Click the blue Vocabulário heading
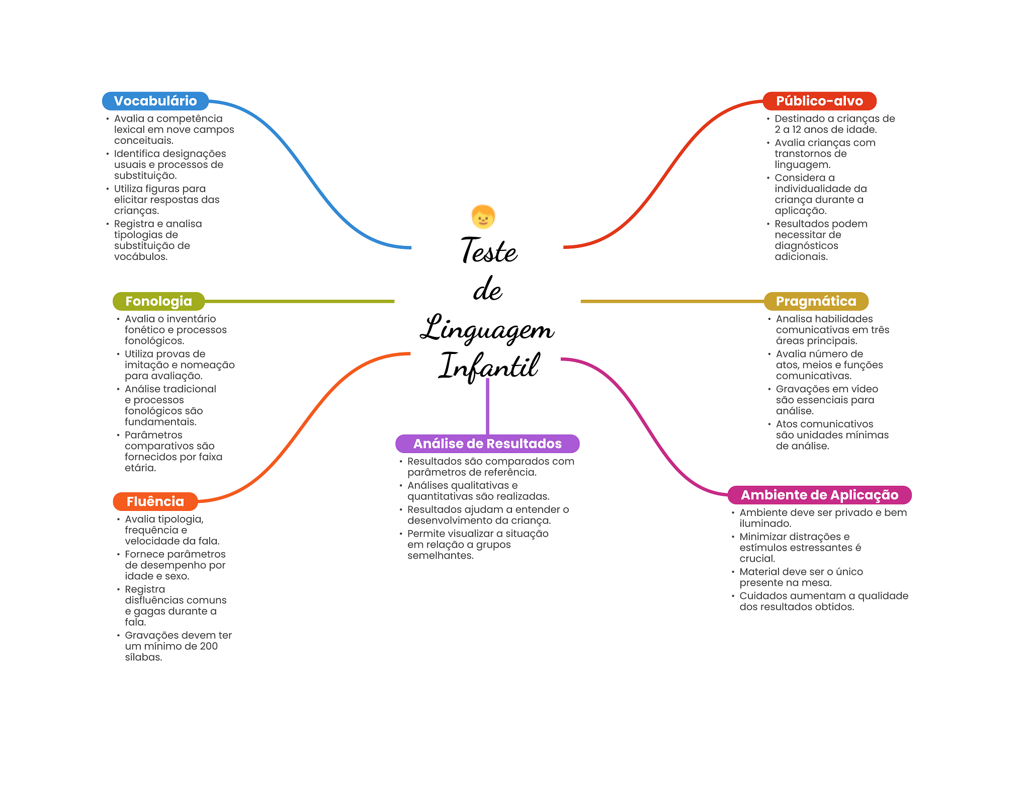(x=155, y=101)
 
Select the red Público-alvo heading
(x=819, y=101)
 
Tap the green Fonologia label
(x=158, y=301)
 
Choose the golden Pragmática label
(x=816, y=301)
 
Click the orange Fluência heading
(x=155, y=501)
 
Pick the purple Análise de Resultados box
(x=487, y=444)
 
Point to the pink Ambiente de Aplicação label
(x=819, y=495)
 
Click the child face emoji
(x=483, y=217)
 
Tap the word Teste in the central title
(x=489, y=250)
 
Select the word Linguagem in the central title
(x=487, y=329)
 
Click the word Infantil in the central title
(x=489, y=366)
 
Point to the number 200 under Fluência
(x=209, y=646)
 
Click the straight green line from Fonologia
(x=299, y=301)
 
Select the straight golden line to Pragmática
(x=671, y=301)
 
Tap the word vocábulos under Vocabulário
(x=140, y=257)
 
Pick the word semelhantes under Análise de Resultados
(x=440, y=556)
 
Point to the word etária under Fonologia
(x=140, y=468)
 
